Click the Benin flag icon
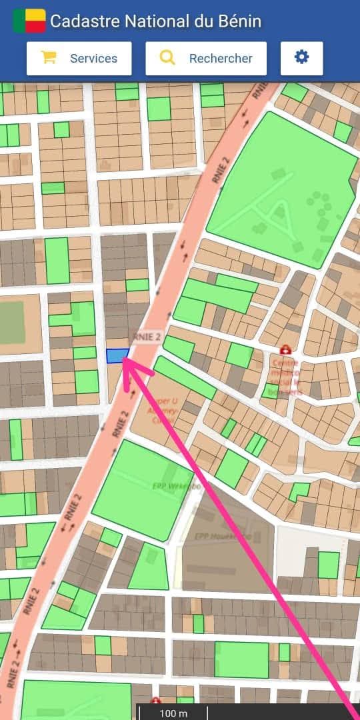tap(29, 21)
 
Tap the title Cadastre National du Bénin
tap(155, 21)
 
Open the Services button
tap(79, 59)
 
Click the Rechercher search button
tap(206, 59)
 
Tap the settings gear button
tap(302, 58)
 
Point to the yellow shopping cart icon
tap(48, 58)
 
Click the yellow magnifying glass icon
tap(167, 58)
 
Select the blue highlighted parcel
tap(117, 356)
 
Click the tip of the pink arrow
tap(125, 362)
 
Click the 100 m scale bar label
tap(173, 713)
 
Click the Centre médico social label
tap(286, 377)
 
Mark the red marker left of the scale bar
tap(156, 701)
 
